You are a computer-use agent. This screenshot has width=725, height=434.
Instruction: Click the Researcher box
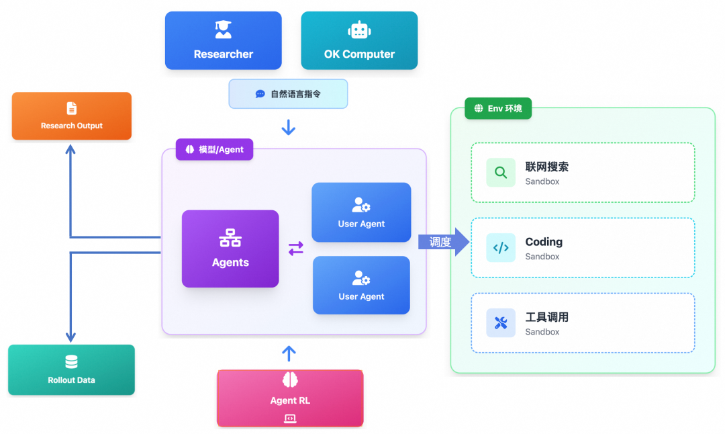point(223,40)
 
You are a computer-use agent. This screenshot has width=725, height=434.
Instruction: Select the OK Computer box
point(359,40)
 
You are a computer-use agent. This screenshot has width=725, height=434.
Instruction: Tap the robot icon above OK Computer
point(359,30)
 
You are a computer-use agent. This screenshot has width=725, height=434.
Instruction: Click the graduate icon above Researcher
point(223,30)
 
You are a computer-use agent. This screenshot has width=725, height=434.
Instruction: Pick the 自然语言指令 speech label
point(288,94)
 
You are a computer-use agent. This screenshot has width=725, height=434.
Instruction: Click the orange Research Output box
point(72,116)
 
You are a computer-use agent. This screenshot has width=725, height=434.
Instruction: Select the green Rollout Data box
point(71,370)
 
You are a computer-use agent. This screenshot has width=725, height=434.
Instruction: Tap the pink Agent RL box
point(290,398)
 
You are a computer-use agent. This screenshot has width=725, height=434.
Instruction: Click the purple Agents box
point(230,249)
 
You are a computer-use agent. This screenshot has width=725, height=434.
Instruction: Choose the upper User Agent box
point(361,212)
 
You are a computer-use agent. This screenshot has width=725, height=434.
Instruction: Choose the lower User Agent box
point(361,285)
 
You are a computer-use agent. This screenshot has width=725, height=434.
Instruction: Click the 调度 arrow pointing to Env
point(444,242)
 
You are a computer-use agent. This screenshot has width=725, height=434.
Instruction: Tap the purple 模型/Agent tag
point(214,149)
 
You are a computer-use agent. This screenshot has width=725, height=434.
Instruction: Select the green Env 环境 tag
point(498,108)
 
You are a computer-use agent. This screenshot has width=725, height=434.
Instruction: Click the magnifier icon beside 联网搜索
point(501,173)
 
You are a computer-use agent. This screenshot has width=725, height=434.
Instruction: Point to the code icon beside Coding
point(501,247)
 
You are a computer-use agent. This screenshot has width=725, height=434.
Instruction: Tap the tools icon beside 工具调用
point(501,323)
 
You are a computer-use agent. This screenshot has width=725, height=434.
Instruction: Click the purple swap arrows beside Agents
point(296,249)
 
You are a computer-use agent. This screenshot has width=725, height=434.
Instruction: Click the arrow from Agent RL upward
point(289,353)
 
